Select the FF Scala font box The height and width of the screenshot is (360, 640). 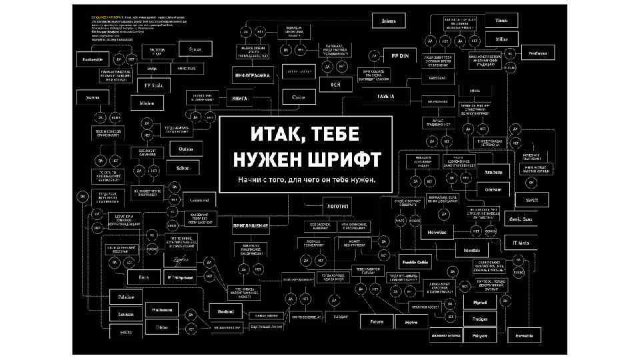point(153,85)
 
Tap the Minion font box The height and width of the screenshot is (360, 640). point(147,103)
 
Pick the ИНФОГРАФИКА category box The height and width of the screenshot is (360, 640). point(253,75)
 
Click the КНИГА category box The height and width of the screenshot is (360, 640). point(239,98)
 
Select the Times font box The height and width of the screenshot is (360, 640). point(501,21)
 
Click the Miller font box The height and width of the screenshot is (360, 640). point(501,39)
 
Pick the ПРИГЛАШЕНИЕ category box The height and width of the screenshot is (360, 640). point(251,226)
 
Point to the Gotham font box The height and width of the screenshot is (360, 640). point(493,189)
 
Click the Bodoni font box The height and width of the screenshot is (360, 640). point(221,311)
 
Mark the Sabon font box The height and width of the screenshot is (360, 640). point(183,168)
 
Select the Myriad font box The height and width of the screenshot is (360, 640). point(480,302)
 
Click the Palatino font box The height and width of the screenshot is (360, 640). point(126,297)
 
